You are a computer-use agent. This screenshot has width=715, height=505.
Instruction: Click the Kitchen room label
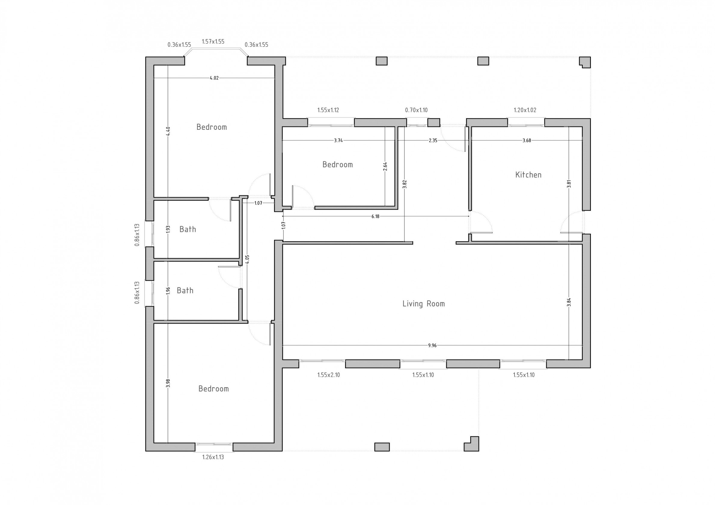point(528,175)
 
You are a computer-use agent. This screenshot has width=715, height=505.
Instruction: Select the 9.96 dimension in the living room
point(432,345)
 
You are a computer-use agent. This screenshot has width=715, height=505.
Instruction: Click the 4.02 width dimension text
point(214,78)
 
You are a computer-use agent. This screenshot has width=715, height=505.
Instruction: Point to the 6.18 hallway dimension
point(376,216)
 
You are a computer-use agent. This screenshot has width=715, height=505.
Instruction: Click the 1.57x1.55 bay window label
point(213,42)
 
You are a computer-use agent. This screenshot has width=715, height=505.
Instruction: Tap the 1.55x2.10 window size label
point(328,375)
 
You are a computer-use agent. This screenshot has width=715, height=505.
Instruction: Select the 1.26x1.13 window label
point(213,457)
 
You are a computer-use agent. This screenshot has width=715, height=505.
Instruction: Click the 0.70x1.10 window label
point(416,110)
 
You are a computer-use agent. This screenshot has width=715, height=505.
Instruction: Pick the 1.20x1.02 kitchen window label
point(525,110)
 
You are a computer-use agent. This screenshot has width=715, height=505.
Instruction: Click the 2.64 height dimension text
point(385,166)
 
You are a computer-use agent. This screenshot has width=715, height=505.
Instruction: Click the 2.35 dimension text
point(433,140)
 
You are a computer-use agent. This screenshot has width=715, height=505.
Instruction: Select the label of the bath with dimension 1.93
point(188,230)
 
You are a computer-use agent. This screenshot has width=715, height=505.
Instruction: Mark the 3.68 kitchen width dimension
point(527,140)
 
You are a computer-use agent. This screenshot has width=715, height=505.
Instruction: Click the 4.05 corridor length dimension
point(247,259)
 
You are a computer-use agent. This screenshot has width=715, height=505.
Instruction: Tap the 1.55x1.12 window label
point(328,110)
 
